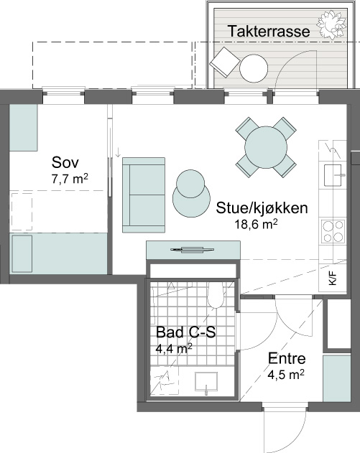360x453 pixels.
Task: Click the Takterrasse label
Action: click(269, 31)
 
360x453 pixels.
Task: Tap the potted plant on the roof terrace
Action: click(332, 25)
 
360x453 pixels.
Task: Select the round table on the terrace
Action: click(254, 68)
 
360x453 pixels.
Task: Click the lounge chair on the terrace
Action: click(225, 62)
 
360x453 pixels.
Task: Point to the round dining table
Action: click(266, 147)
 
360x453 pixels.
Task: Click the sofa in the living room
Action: click(144, 195)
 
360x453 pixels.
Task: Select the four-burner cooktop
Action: click(333, 231)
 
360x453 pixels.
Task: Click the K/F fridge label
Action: click(333, 279)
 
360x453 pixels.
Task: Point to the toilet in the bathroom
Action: click(216, 294)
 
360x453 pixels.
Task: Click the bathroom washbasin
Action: click(206, 382)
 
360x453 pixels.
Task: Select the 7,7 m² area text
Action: click(70, 179)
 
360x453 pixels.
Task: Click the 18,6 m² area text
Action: click(257, 224)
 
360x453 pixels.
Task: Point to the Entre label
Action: click(287, 358)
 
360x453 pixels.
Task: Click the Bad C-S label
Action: click(186, 332)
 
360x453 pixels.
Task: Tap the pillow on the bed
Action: click(22, 253)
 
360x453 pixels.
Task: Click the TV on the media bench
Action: click(193, 250)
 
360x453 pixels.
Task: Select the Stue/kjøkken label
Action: click(262, 208)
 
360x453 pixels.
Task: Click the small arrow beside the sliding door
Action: click(118, 152)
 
